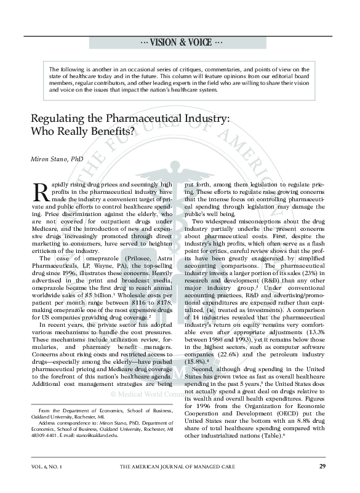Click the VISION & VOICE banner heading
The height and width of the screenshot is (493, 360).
(x=180, y=42)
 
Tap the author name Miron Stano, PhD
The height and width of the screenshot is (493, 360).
(x=57, y=159)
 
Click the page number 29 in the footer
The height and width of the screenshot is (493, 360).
(x=322, y=467)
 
